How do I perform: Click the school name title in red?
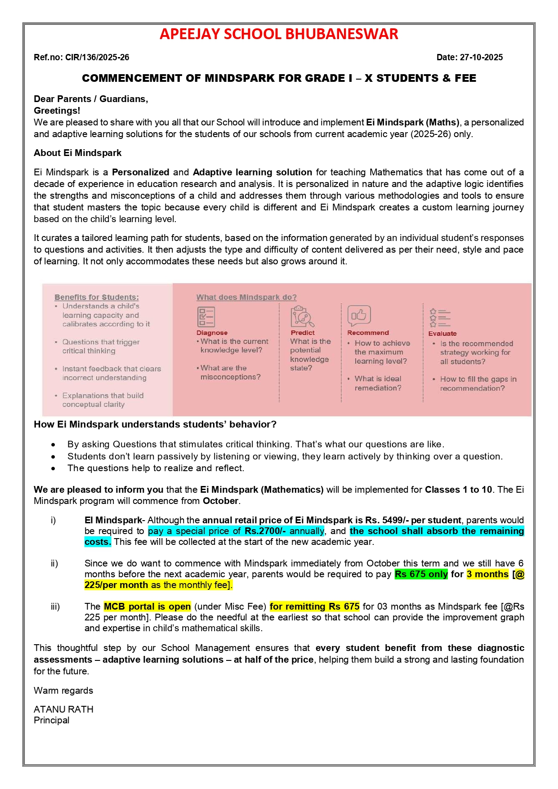click(279, 34)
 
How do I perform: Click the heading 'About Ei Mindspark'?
click(77, 153)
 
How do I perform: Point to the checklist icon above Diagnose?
click(206, 316)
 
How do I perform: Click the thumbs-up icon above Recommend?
click(359, 316)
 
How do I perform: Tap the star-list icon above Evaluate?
click(439, 317)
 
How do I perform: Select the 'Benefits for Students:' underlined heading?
click(97, 297)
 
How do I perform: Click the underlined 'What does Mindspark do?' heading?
click(246, 297)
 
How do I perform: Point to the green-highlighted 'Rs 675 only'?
click(421, 574)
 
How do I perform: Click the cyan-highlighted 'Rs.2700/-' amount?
click(265, 531)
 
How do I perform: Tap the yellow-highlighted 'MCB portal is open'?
click(147, 606)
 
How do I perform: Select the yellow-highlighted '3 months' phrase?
click(487, 574)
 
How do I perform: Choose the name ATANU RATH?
click(63, 709)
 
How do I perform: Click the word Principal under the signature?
click(51, 720)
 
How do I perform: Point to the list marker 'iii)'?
click(55, 606)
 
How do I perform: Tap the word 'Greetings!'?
click(57, 111)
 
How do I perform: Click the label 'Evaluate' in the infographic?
click(442, 334)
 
